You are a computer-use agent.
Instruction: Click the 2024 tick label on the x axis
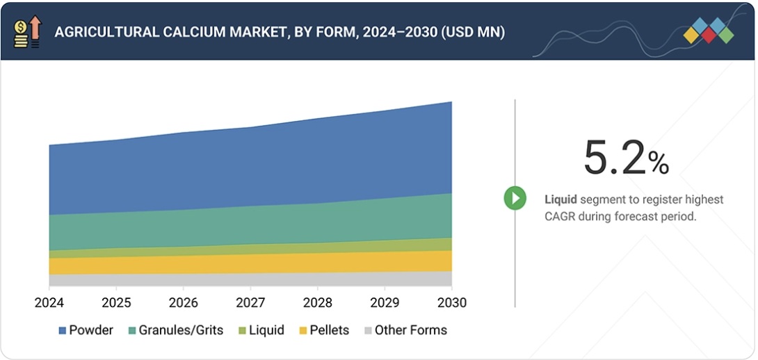(x=49, y=303)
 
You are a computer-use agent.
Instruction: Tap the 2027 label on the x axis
(x=250, y=303)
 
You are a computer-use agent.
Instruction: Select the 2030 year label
(x=452, y=303)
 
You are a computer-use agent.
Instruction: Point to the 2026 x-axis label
(x=184, y=303)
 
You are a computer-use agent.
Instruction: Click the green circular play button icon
(x=515, y=198)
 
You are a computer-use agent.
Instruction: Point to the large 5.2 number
(x=614, y=158)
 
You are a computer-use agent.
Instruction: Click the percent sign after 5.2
(x=658, y=163)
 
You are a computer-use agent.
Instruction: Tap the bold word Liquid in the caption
(x=561, y=199)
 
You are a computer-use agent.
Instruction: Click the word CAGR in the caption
(x=561, y=216)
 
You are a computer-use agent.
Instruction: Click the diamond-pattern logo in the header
(x=708, y=31)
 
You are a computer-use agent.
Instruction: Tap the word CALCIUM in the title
(x=182, y=32)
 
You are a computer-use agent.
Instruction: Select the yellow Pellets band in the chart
(x=250, y=263)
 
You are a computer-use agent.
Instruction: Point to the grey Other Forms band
(x=250, y=279)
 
